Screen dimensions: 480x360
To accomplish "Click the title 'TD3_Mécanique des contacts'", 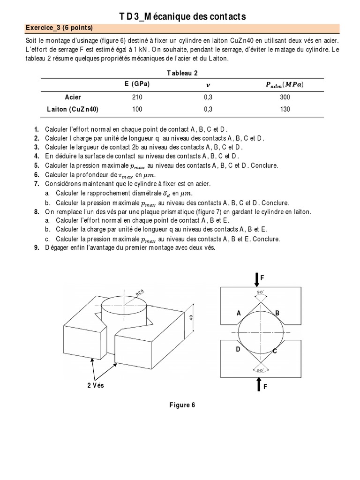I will point(183,17).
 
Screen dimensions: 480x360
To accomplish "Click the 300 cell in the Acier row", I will point(285,97).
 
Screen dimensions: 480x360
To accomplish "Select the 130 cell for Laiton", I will point(285,109).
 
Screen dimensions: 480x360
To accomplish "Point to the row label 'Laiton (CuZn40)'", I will point(73,109).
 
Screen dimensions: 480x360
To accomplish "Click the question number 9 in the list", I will point(36,248).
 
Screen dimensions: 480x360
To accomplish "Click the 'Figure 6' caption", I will point(182,405).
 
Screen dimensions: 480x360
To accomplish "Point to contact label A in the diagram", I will point(239,313).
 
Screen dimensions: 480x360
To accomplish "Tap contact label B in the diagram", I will point(277,313).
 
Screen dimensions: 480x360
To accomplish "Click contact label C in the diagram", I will point(275,351).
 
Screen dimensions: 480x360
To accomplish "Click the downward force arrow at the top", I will point(256,279).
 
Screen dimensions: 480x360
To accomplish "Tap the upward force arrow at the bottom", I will point(256,385).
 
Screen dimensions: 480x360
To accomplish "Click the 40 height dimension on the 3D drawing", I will point(192,317).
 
